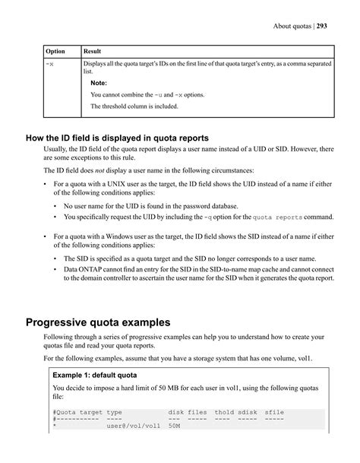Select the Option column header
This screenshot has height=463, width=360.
55,51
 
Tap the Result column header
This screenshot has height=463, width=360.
92,51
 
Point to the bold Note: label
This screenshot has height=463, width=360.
99,82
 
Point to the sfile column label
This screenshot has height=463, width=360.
274,412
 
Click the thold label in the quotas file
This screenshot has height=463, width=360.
224,412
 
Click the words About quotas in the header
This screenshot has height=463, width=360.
290,27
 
